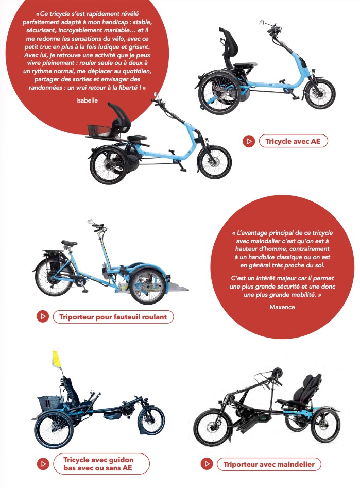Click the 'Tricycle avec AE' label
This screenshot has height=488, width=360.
293,141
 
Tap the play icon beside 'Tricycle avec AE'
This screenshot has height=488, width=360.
249,141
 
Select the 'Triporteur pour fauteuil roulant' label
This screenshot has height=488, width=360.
113,316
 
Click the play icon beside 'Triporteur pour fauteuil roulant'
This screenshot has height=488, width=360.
43,316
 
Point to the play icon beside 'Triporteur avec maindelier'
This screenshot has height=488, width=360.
207,464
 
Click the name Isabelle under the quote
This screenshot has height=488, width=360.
87,100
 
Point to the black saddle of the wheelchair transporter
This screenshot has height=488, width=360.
69,243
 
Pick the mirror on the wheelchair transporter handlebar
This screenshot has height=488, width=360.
90,221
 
